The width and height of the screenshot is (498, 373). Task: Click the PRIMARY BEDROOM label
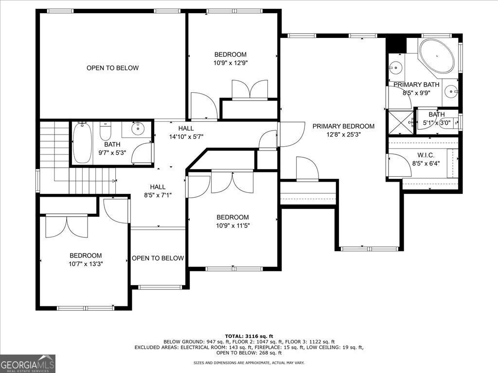click(x=343, y=126)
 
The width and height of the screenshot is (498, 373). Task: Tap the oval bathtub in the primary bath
click(x=437, y=56)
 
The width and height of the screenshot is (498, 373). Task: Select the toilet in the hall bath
click(x=105, y=131)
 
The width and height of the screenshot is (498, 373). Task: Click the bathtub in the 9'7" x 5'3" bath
click(x=82, y=142)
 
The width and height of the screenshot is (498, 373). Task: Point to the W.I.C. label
click(x=426, y=155)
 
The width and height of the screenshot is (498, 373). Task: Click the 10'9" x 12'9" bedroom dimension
click(x=231, y=63)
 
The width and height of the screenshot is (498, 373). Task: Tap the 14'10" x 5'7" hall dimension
click(x=186, y=136)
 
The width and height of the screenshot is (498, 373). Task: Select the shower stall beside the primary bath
click(x=401, y=122)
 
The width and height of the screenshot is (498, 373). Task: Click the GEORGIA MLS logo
click(x=28, y=363)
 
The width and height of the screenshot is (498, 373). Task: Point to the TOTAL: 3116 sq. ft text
click(x=249, y=336)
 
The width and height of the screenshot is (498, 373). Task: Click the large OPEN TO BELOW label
click(x=112, y=68)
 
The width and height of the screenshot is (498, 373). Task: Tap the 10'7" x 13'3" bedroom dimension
click(x=86, y=264)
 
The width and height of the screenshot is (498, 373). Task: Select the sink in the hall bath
click(x=138, y=128)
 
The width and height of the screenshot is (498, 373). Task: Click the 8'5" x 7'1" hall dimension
click(x=158, y=195)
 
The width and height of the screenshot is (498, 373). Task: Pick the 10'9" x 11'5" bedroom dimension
click(x=233, y=226)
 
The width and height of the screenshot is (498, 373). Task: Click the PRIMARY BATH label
click(x=416, y=85)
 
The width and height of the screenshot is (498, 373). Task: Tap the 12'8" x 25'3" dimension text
click(x=343, y=135)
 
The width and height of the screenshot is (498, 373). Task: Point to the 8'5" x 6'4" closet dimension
click(x=426, y=164)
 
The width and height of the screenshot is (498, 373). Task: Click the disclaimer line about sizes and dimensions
click(x=249, y=362)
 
